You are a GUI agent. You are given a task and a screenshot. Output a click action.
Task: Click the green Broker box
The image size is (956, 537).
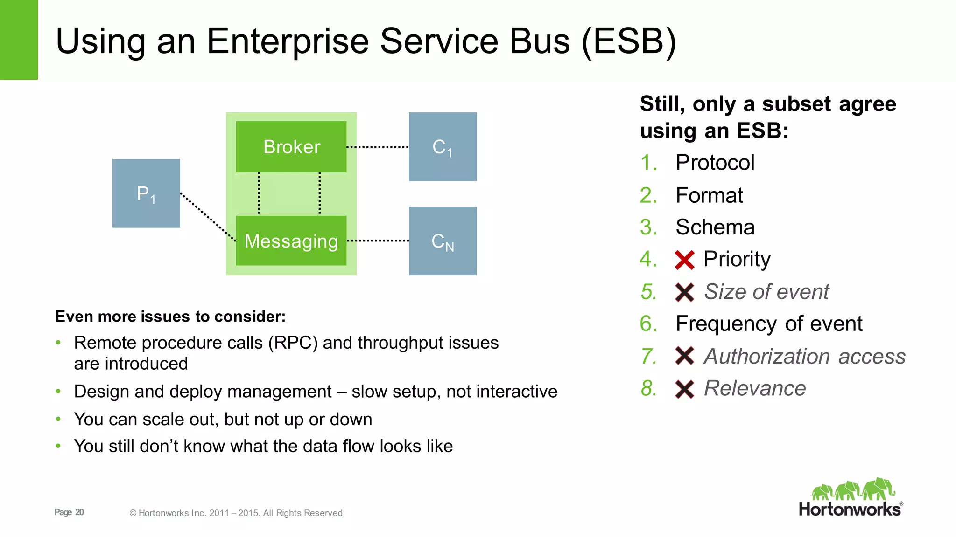[x=291, y=147]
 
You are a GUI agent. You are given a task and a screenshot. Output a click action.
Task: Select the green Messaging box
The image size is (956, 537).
[x=291, y=241]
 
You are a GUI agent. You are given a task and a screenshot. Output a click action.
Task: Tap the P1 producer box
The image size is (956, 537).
[x=146, y=193]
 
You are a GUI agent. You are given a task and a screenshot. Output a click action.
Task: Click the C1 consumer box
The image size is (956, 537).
[x=443, y=147]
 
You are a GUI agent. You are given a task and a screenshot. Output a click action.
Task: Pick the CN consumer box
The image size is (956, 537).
[x=443, y=241]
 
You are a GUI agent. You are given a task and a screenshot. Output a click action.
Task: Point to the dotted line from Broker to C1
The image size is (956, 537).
[x=378, y=147]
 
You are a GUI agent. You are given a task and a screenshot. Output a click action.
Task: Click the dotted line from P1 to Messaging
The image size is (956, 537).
[x=208, y=217]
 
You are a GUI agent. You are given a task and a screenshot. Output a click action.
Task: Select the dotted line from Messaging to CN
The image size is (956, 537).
[x=378, y=241]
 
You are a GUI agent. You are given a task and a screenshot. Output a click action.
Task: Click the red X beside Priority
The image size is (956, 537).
[x=685, y=260]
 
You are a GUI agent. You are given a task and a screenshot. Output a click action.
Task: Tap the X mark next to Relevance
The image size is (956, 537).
[x=685, y=389]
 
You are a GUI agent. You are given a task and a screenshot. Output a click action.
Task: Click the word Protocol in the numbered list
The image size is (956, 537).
[x=715, y=163]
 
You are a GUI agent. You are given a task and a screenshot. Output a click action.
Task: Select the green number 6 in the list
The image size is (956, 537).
[x=648, y=324]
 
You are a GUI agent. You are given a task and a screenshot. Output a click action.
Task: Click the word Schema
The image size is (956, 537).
[x=715, y=227]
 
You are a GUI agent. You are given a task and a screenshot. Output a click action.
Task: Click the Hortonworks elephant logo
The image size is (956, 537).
[x=853, y=489]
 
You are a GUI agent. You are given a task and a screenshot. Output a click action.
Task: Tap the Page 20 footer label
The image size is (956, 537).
[x=69, y=512]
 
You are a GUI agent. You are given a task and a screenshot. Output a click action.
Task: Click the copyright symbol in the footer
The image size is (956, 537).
[x=133, y=513]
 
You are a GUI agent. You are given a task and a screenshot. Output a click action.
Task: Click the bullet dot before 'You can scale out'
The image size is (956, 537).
[x=58, y=419]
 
